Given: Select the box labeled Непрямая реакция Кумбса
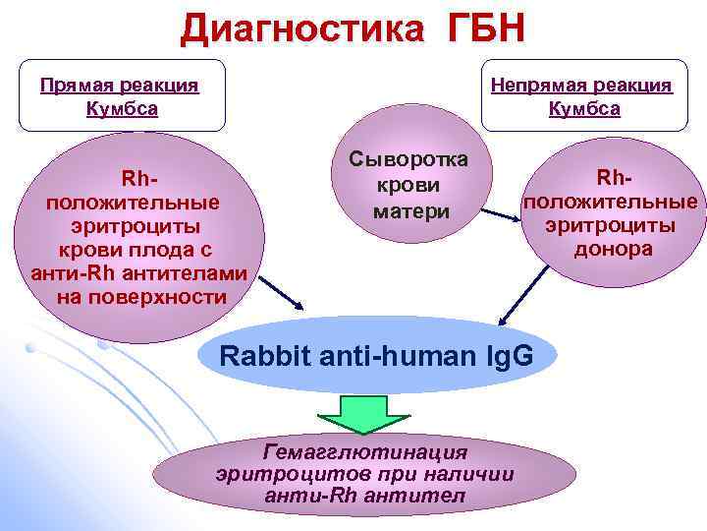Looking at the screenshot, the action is point(583,95).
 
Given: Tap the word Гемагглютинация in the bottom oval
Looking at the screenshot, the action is point(366,451).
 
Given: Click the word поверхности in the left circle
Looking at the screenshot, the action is point(136,297).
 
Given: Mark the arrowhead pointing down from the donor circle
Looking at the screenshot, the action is point(503,319).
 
